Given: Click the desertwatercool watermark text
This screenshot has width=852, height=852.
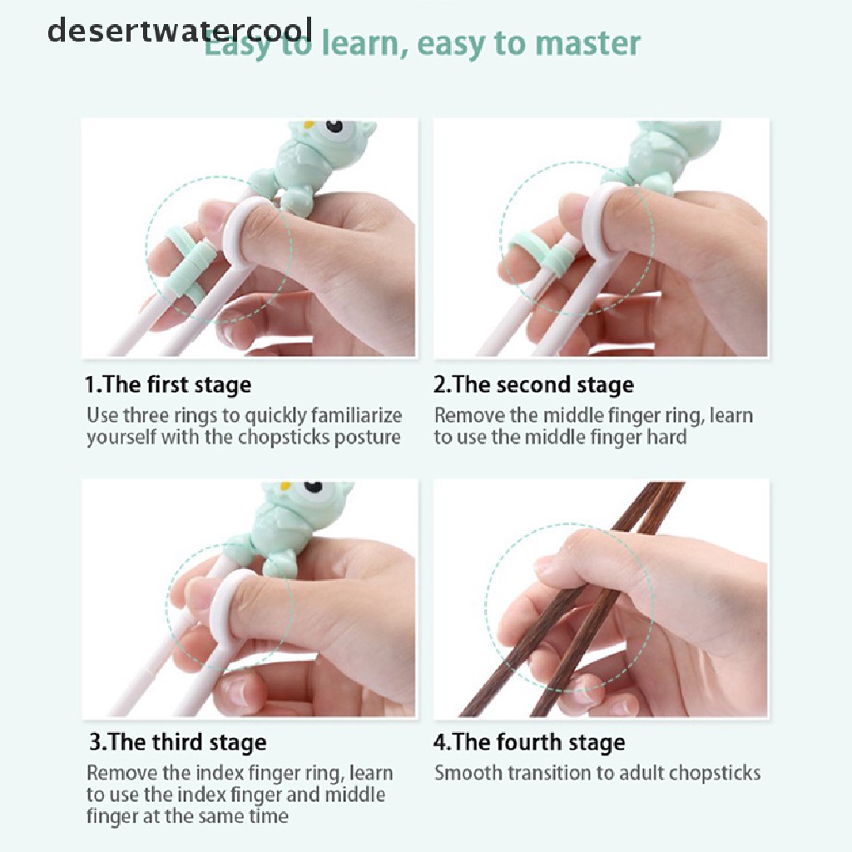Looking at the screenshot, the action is pyautogui.click(x=180, y=30).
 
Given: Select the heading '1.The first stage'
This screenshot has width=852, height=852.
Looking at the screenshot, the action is pyautogui.click(x=168, y=384).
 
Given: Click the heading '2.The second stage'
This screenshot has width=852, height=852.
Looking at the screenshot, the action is pyautogui.click(x=533, y=384).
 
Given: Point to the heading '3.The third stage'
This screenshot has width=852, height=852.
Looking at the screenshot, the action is pyautogui.click(x=178, y=742).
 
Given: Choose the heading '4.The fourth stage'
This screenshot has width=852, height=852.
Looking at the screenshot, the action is pyautogui.click(x=529, y=742).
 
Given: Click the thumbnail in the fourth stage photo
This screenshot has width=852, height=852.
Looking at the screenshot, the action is pyautogui.click(x=546, y=567).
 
